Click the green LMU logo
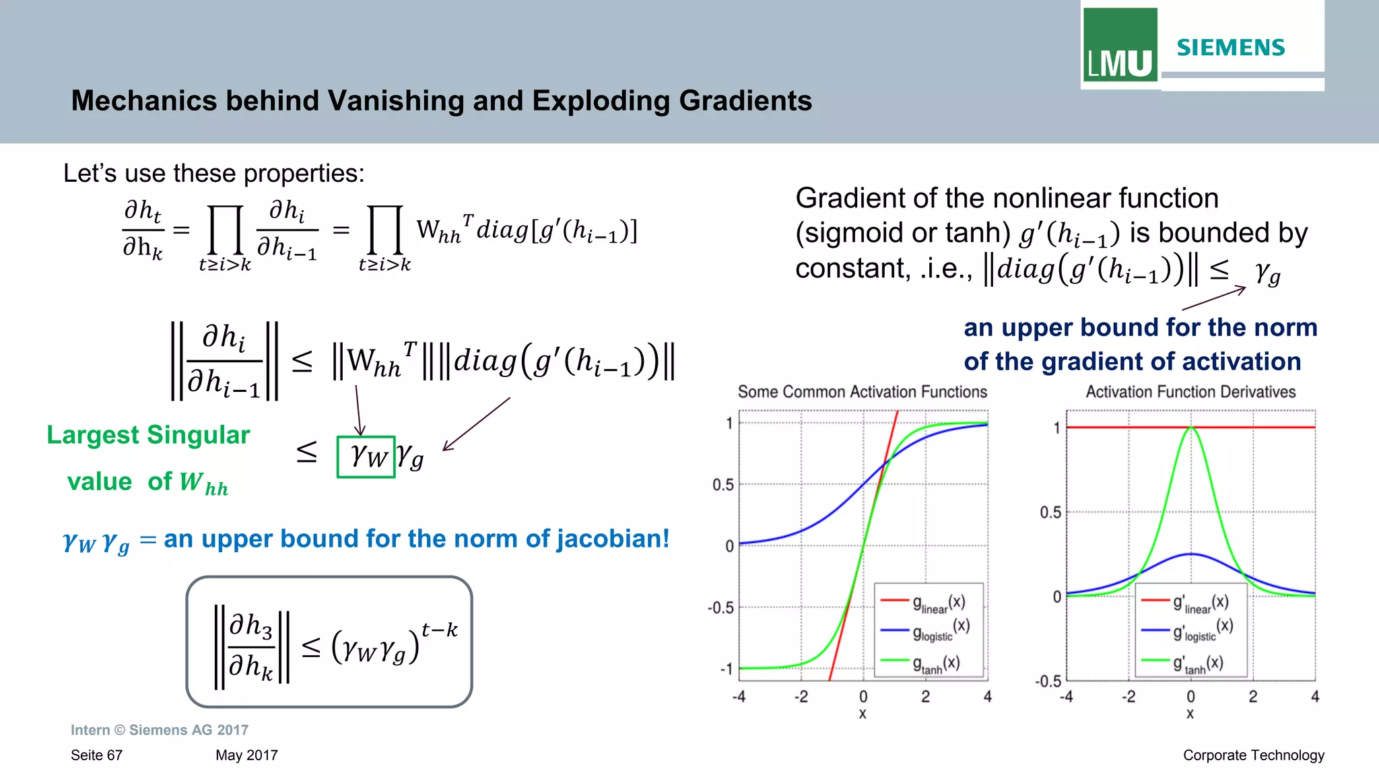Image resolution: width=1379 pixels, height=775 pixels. [1120, 45]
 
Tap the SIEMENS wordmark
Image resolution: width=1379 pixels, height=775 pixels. [1230, 48]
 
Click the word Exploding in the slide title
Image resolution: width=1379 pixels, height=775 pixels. [601, 101]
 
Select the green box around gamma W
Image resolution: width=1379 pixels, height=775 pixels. [366, 457]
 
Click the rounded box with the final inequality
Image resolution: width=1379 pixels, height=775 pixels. [329, 642]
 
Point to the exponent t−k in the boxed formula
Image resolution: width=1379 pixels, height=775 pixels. [439, 630]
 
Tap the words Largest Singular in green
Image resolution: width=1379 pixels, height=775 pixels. [148, 435]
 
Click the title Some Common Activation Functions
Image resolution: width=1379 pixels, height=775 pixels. [862, 392]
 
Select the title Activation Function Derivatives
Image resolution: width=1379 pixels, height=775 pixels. [1190, 392]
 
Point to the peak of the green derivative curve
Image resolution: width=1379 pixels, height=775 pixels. [1190, 427]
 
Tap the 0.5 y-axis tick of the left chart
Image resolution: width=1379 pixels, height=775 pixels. [722, 485]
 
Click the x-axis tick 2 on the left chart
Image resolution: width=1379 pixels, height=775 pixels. [925, 697]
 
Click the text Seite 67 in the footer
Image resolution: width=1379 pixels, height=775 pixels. [96, 755]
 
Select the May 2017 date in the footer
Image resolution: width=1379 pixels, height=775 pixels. [246, 755]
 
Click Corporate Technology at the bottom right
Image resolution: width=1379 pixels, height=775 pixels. [1253, 755]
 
